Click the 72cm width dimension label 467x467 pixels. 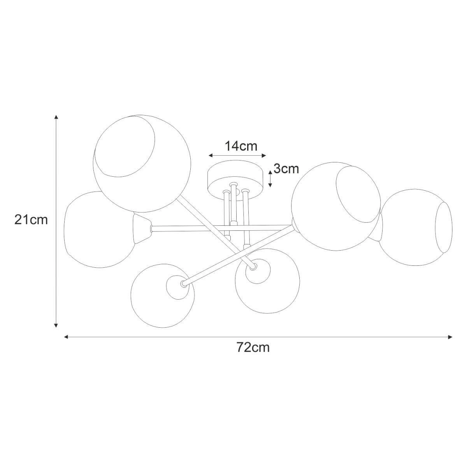253,348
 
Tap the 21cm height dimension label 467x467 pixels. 31,220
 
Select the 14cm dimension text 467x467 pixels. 241,146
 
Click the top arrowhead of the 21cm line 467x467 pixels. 56,117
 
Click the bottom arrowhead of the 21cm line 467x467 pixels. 56,325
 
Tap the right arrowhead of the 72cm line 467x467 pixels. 450,337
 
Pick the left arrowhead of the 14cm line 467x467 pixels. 211,155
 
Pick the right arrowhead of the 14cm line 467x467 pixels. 264,155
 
